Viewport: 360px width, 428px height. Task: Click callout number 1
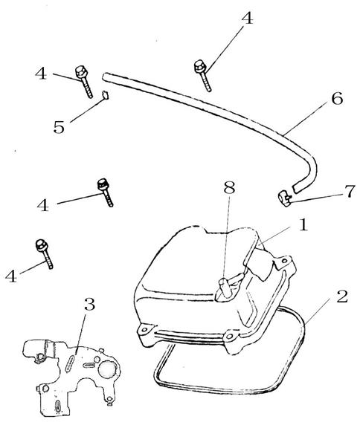click(303, 226)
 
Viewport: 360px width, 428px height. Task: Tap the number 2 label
click(341, 296)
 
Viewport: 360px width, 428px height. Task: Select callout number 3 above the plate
click(89, 304)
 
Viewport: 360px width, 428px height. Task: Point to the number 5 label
click(59, 127)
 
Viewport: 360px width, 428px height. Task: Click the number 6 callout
click(337, 99)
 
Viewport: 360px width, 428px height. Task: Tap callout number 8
click(229, 187)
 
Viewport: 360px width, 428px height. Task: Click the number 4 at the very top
click(247, 19)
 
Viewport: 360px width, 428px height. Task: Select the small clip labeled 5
click(106, 95)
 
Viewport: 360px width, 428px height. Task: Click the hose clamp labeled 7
click(285, 199)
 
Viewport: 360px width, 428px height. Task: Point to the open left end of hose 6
click(105, 76)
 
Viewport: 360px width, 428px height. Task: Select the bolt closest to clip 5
click(83, 81)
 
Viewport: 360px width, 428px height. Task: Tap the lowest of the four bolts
click(44, 253)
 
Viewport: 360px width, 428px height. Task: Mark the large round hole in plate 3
click(108, 369)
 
